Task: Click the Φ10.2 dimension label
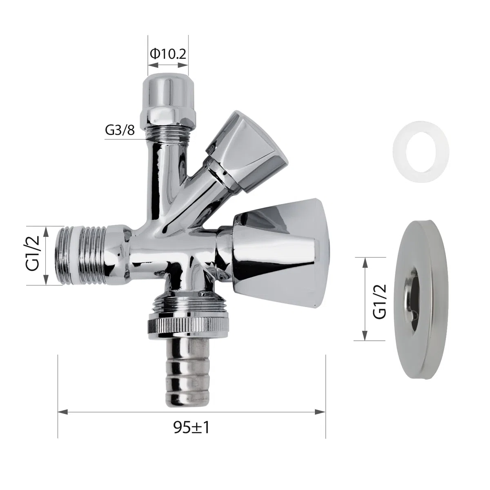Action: [x=168, y=54]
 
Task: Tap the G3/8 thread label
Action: [x=120, y=130]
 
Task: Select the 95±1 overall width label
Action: [x=192, y=428]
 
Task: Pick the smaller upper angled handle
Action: [x=247, y=153]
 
